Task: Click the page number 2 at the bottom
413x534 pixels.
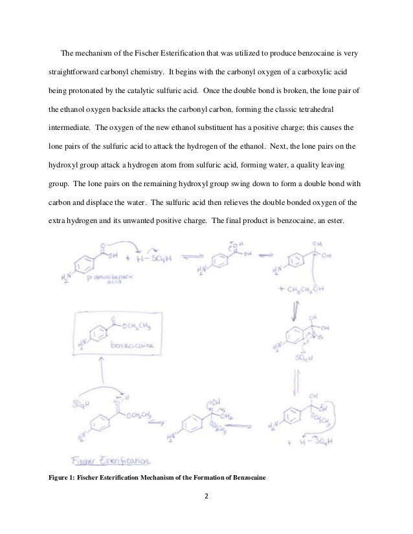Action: click(206, 498)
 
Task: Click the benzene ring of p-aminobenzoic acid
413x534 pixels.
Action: click(81, 266)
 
